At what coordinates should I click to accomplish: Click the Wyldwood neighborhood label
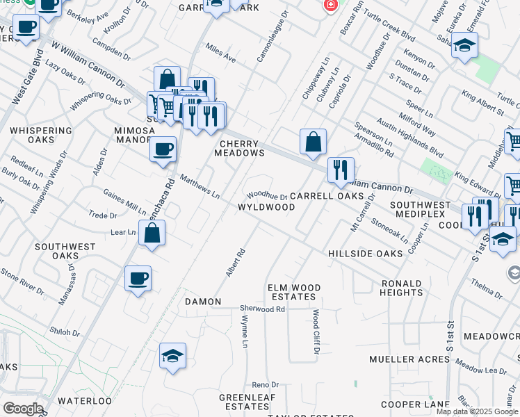[267, 207]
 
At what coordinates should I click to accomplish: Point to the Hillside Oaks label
[365, 254]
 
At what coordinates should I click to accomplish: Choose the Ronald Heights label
[402, 288]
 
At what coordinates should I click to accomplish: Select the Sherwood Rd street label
[262, 309]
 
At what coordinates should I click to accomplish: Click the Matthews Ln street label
[200, 186]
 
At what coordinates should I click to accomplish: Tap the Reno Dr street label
[265, 384]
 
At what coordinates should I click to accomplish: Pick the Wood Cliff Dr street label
[316, 332]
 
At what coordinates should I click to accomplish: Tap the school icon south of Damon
[172, 356]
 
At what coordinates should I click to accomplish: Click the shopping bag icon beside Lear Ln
[152, 234]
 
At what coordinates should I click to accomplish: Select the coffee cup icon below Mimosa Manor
[163, 149]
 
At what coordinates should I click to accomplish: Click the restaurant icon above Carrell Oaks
[341, 170]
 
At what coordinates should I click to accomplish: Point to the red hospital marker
[331, 5]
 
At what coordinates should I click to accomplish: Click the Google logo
[23, 409]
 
